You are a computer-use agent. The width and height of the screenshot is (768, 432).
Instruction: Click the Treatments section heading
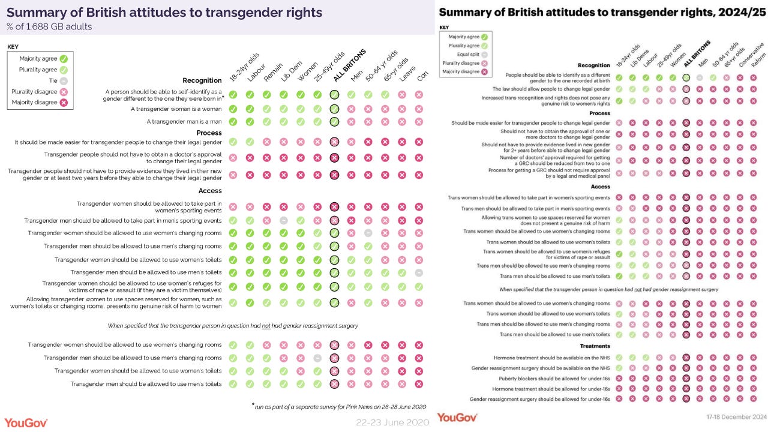click(x=595, y=346)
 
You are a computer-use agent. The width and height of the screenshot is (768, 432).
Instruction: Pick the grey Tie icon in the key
click(x=64, y=80)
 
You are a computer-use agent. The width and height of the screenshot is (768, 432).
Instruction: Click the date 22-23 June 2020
click(x=392, y=422)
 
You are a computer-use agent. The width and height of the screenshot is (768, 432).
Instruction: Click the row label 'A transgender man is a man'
click(x=184, y=121)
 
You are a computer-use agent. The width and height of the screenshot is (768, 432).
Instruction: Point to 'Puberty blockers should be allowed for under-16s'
click(x=554, y=379)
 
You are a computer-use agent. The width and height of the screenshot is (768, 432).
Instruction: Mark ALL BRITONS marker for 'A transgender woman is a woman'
click(x=335, y=109)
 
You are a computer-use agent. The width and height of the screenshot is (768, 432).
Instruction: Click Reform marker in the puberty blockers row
click(x=754, y=379)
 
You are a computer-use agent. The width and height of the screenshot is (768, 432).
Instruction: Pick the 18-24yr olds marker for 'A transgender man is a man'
click(x=233, y=122)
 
